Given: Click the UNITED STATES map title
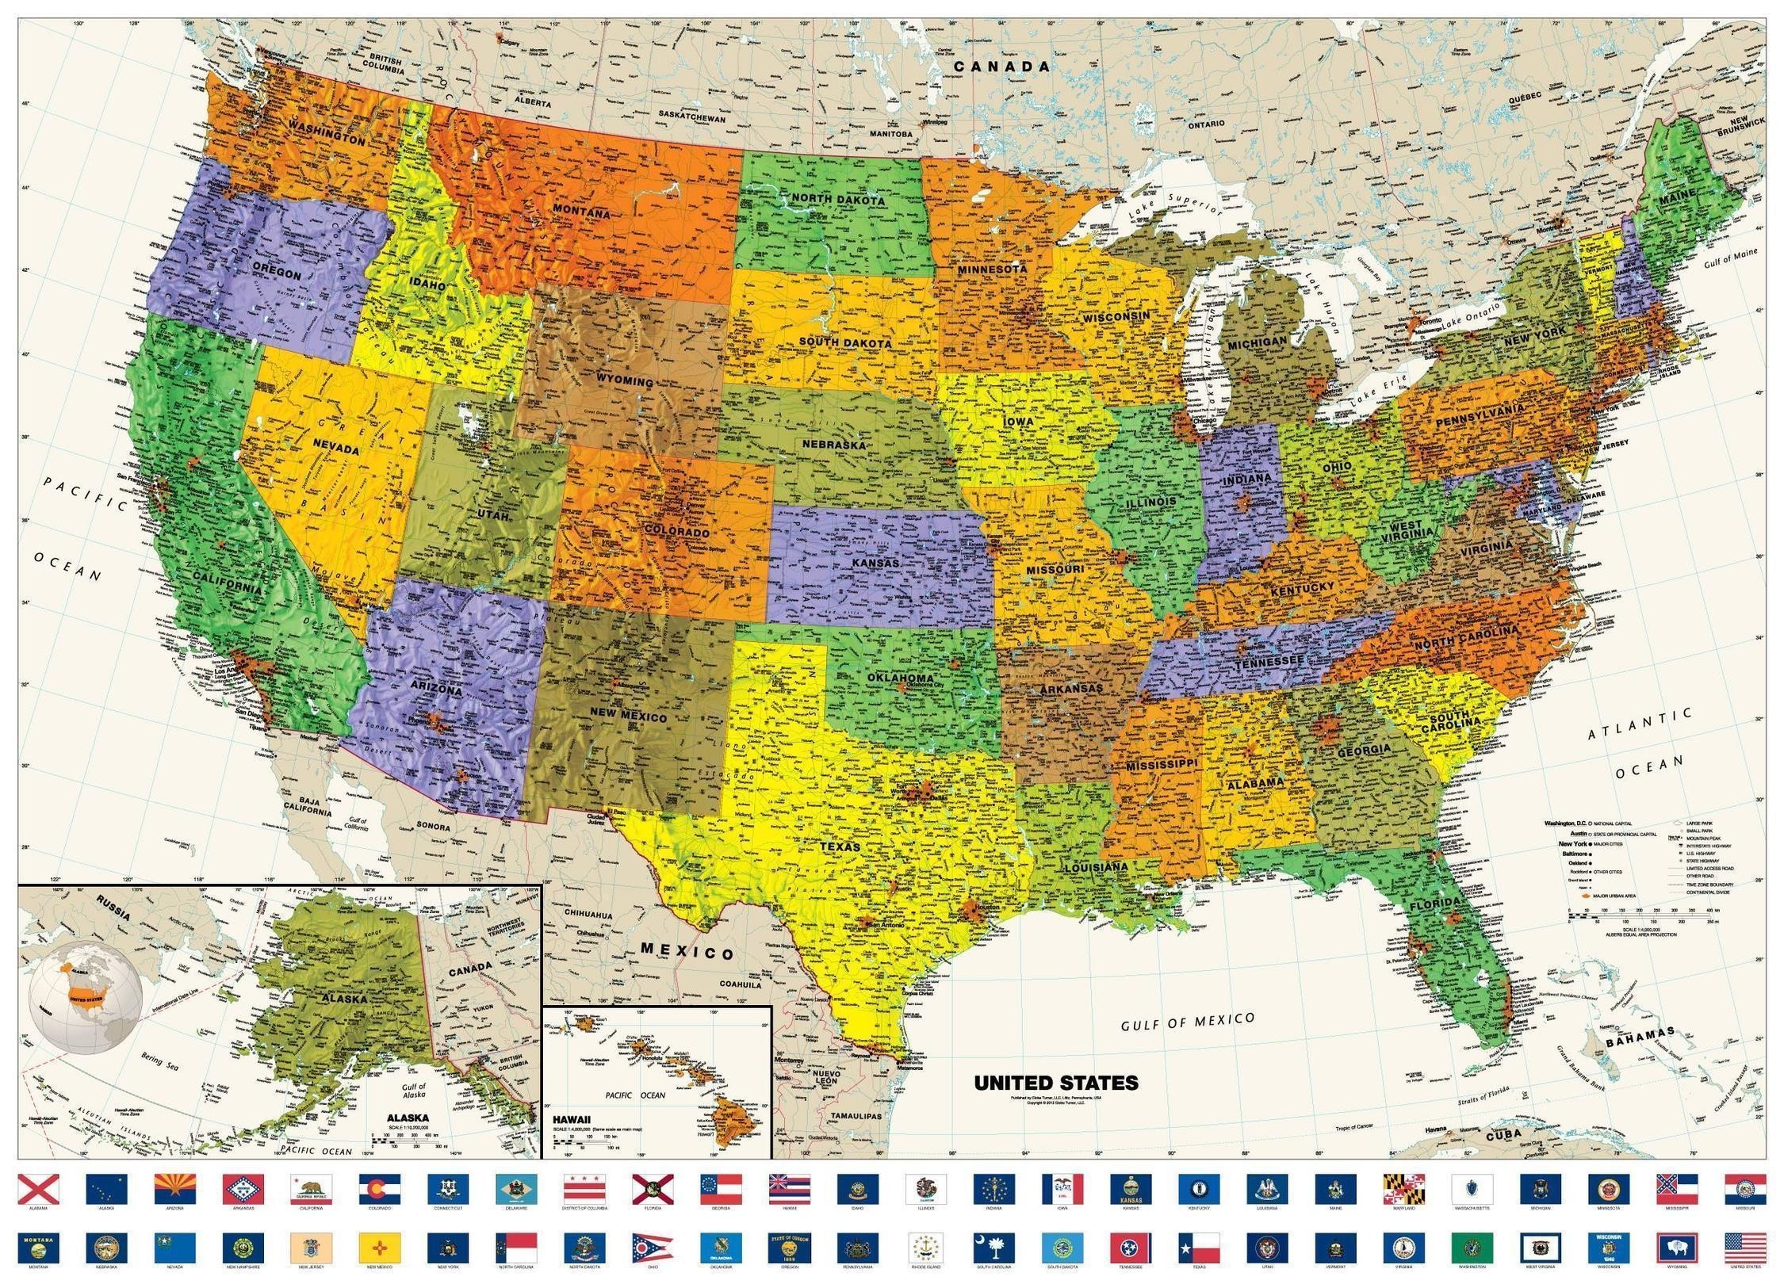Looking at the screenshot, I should pos(1055,1083).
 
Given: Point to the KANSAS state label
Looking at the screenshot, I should pos(875,564).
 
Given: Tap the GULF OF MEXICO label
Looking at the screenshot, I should pos(1187,1022).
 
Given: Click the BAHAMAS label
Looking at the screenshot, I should pos(1640,1038).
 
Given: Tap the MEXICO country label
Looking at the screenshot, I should pos(687,951).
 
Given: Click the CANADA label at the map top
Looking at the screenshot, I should pos(1001,67).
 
